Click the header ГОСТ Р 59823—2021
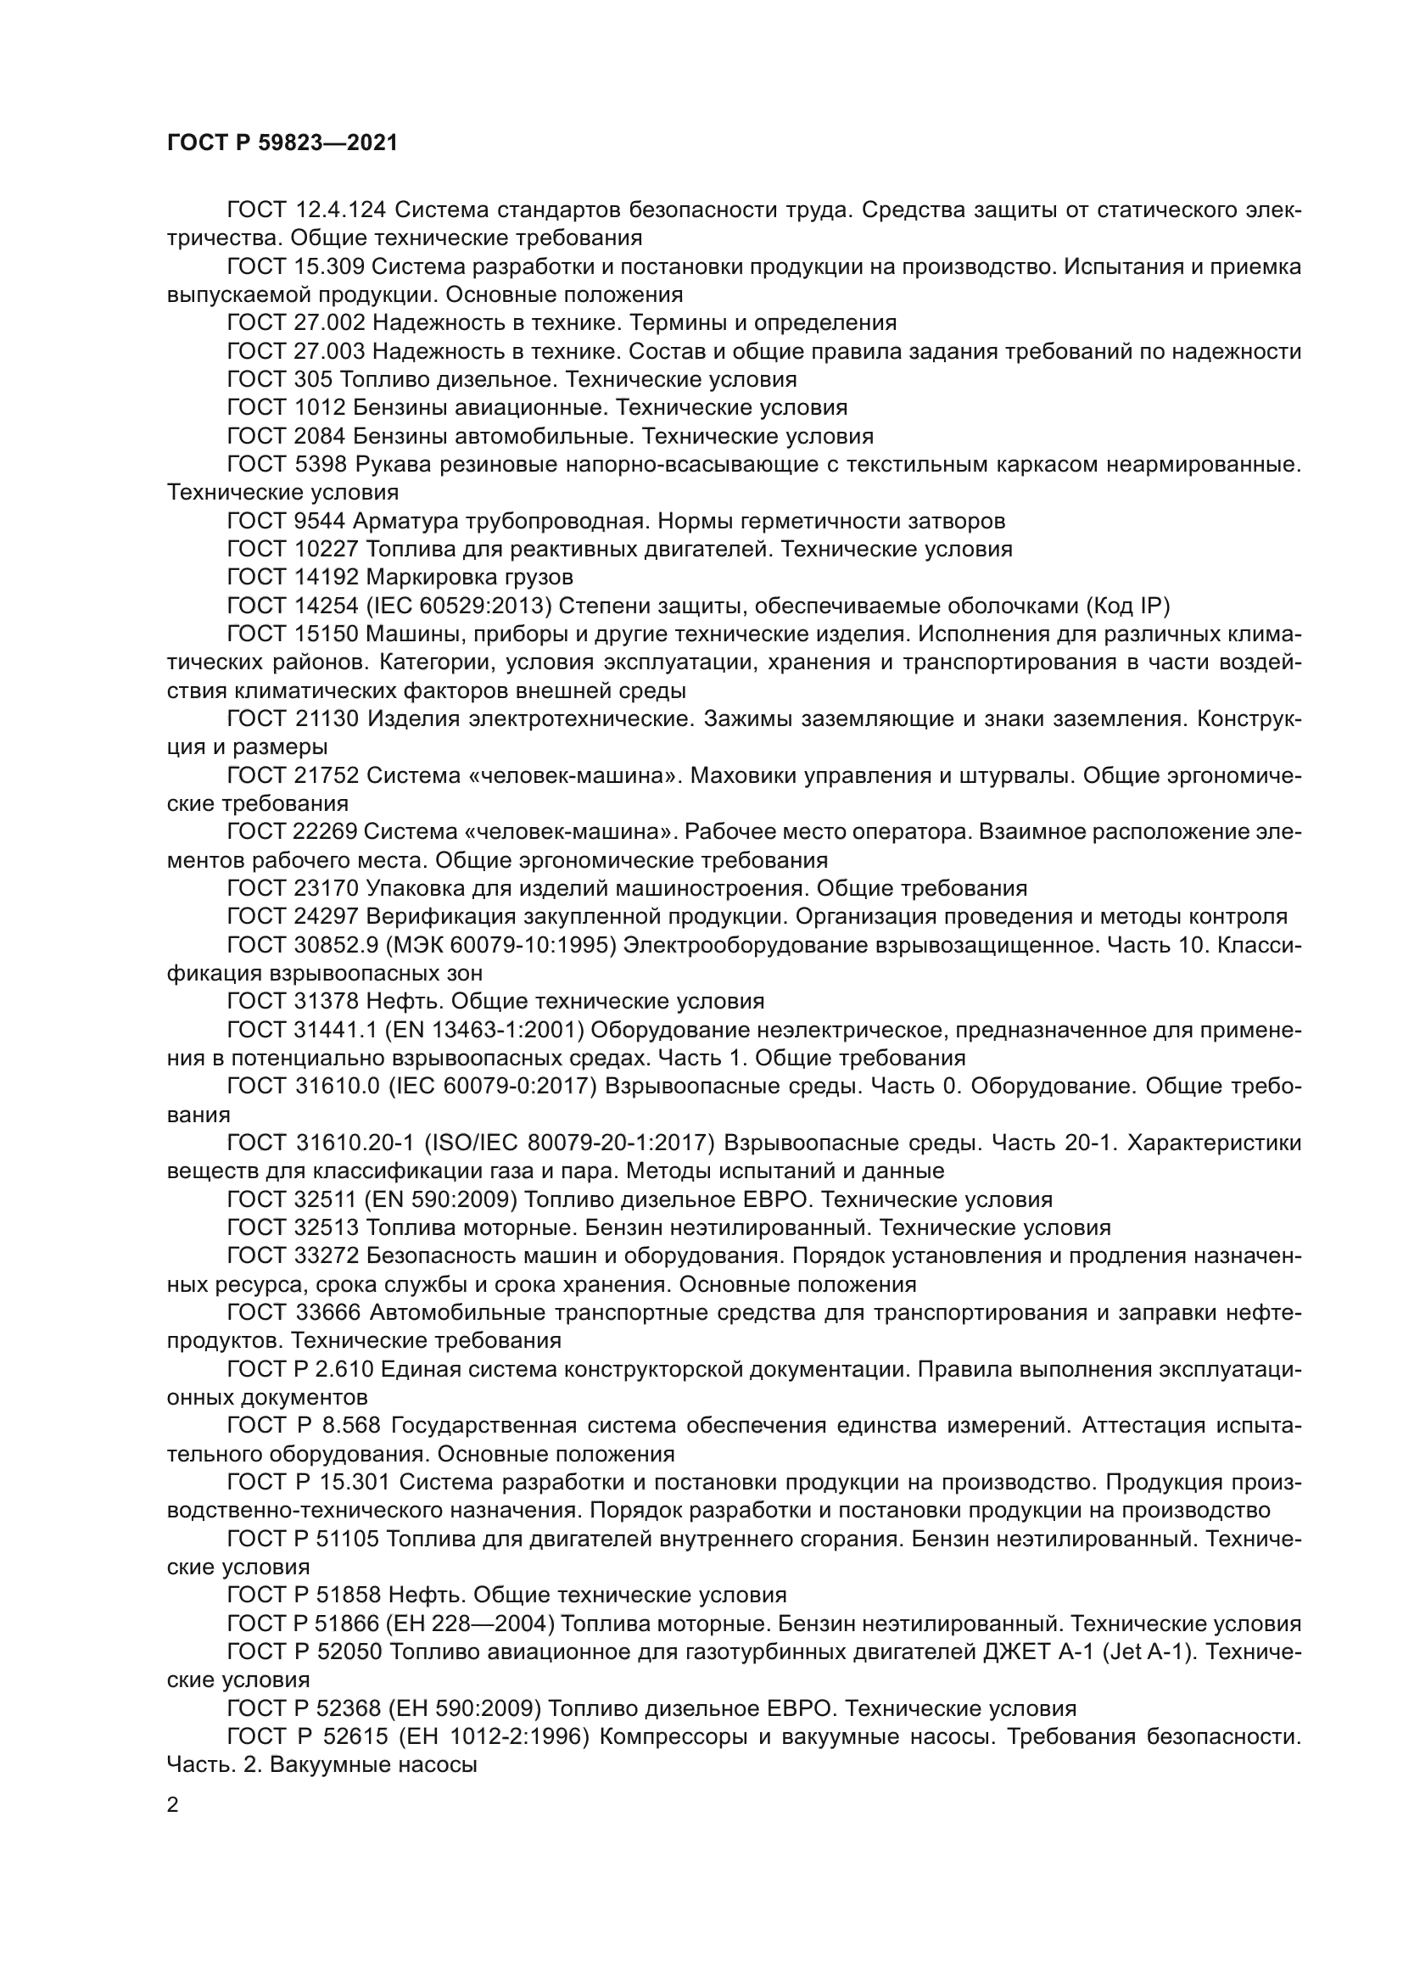[x=282, y=143]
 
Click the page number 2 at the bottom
[x=173, y=1805]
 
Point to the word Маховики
[x=741, y=775]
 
